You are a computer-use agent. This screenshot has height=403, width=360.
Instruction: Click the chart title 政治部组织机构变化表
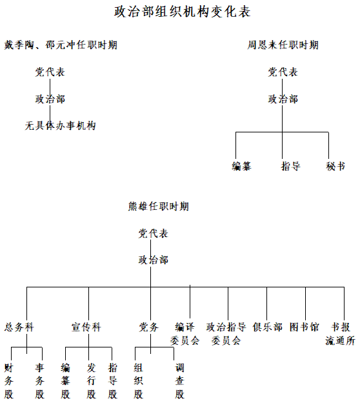(x=183, y=12)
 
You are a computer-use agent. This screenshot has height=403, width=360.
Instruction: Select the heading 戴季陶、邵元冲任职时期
(x=61, y=45)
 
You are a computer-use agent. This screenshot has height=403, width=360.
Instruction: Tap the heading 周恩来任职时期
(x=283, y=45)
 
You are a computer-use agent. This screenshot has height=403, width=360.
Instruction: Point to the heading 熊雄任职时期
(x=159, y=207)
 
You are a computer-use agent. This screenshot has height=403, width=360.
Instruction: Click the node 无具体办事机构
(x=61, y=126)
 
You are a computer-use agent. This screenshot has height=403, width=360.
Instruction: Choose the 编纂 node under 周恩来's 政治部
(x=241, y=166)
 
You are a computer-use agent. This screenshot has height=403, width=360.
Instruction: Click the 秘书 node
(x=335, y=166)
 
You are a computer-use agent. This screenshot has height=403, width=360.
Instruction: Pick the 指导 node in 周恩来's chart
(x=291, y=166)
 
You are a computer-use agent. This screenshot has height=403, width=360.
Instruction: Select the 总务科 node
(x=19, y=327)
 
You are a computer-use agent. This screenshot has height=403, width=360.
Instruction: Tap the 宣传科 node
(x=86, y=327)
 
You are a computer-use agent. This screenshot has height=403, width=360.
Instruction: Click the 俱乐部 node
(x=268, y=327)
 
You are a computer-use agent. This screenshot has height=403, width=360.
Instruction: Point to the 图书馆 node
(x=305, y=327)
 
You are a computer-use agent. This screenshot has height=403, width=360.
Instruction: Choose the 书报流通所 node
(x=341, y=334)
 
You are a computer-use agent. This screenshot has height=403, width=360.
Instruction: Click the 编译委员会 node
(x=185, y=334)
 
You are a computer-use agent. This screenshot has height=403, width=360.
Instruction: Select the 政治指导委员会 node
(x=226, y=334)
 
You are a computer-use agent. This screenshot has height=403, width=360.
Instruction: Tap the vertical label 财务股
(x=9, y=381)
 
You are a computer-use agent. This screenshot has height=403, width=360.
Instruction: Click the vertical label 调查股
(x=180, y=381)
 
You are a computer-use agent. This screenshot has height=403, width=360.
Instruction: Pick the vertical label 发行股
(x=92, y=381)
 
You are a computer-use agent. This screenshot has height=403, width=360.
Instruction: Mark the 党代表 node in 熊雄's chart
(x=154, y=233)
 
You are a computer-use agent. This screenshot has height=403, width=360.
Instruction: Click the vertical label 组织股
(x=139, y=381)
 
